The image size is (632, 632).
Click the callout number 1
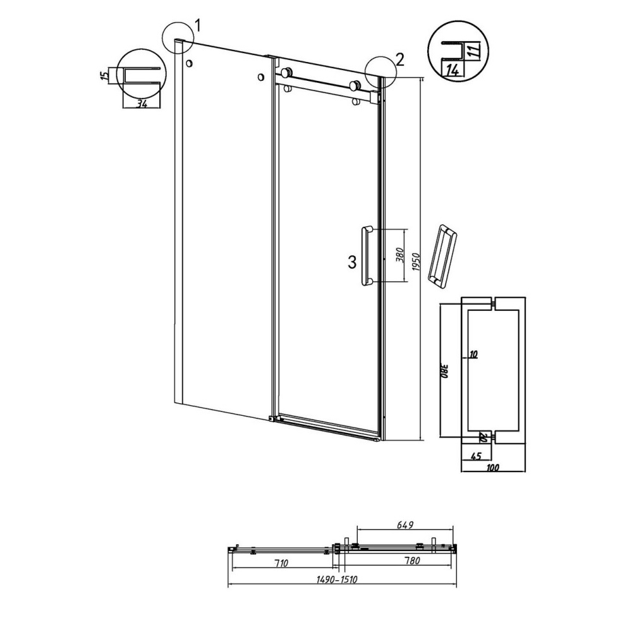tap(198, 25)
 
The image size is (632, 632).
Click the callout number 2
tap(399, 59)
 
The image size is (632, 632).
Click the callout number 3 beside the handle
tap(353, 262)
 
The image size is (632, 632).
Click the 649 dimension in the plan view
tap(405, 524)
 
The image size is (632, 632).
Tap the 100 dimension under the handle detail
tap(494, 468)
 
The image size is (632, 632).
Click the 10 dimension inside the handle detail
tap(473, 355)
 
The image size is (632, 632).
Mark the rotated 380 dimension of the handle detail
tap(444, 371)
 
